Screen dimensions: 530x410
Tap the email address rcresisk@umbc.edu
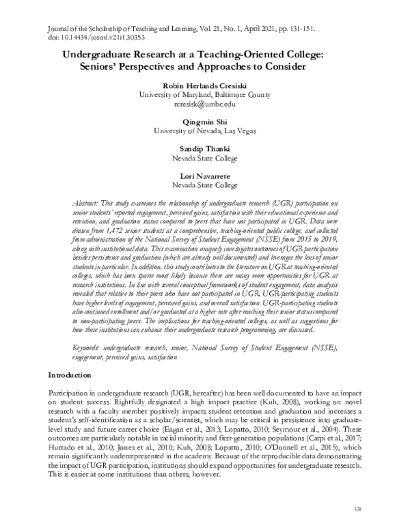(x=204, y=104)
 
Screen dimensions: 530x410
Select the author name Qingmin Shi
(x=204, y=121)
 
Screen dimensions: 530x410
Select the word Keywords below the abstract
(x=86, y=348)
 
